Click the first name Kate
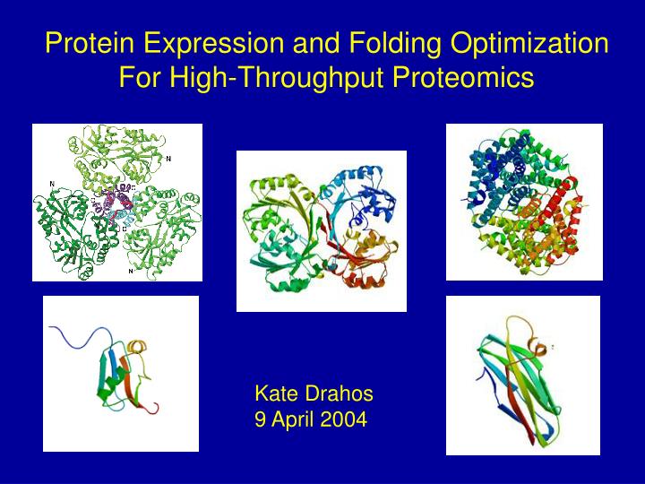click(x=276, y=393)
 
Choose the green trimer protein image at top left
click(x=117, y=203)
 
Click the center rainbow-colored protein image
click(x=321, y=231)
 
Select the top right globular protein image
click(x=524, y=202)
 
